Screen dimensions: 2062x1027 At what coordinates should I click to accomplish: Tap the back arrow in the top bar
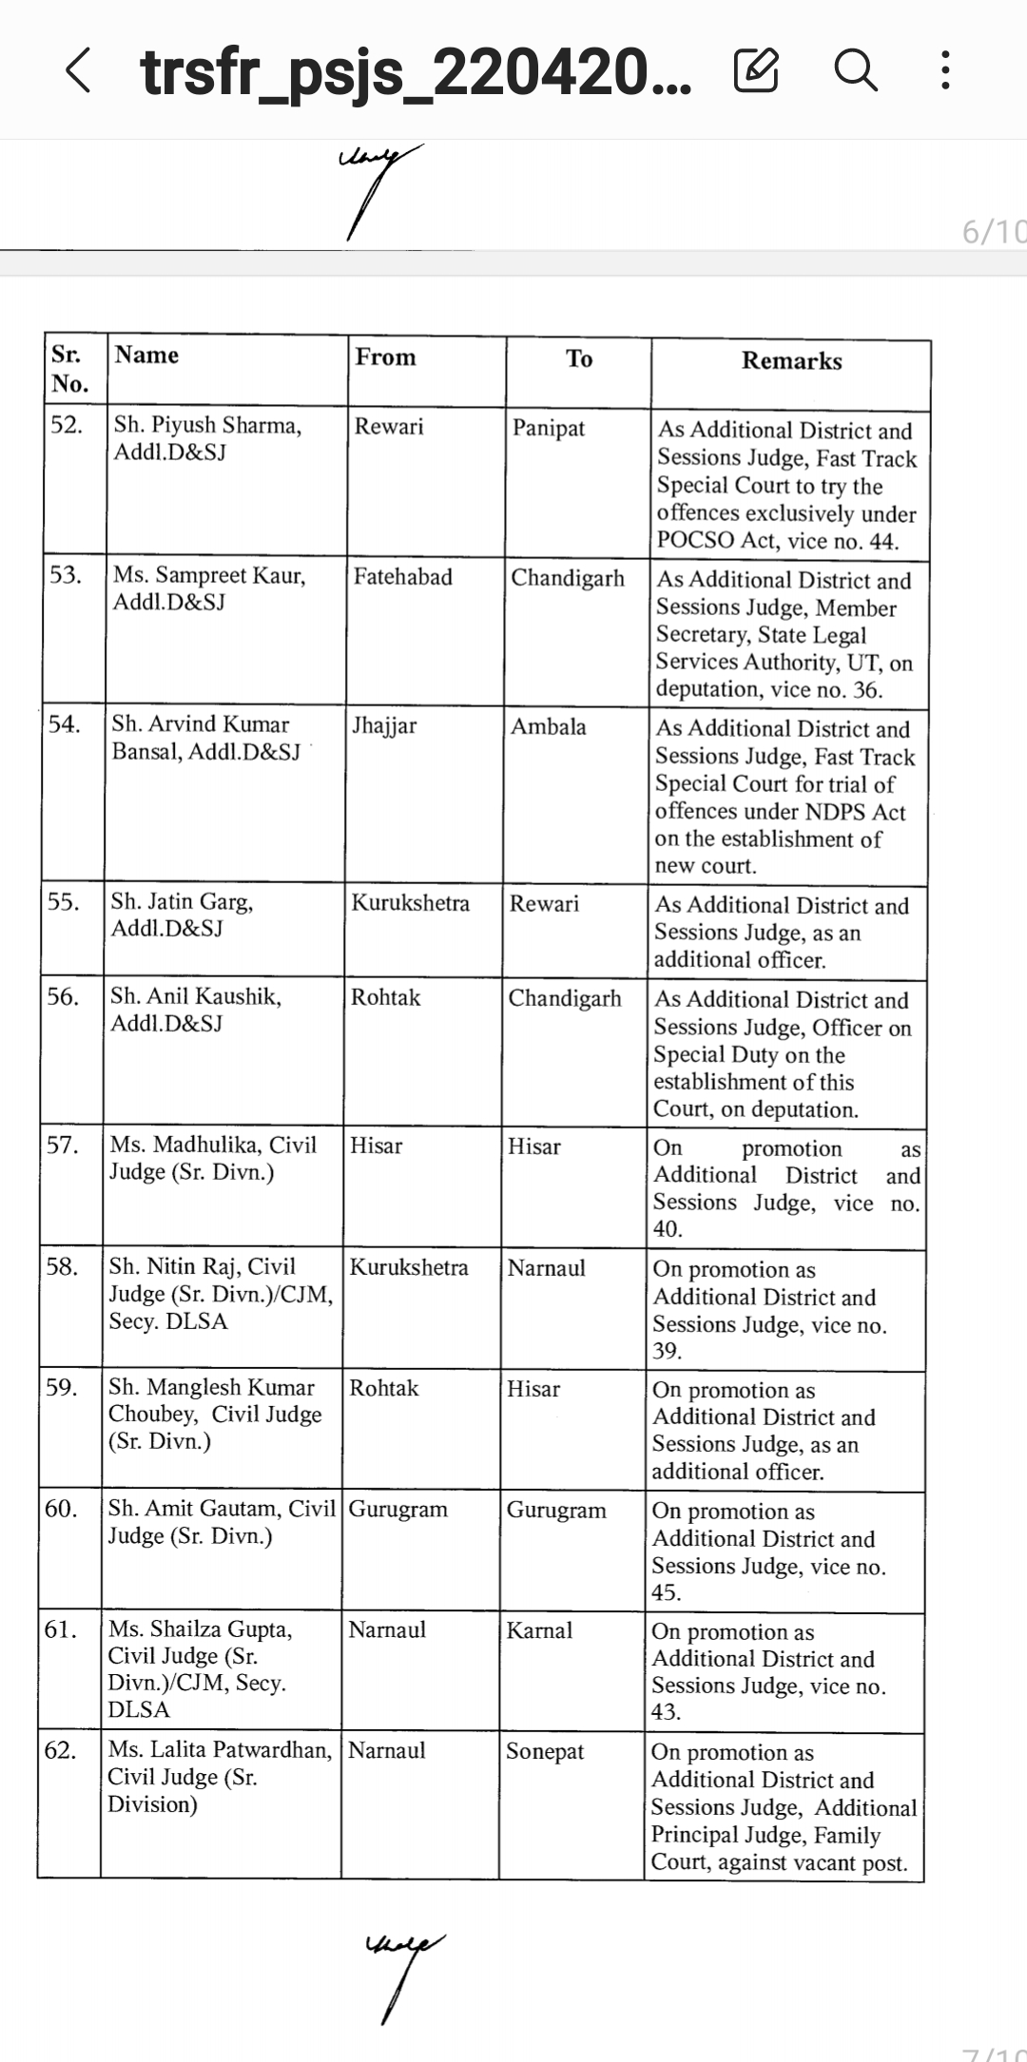click(79, 71)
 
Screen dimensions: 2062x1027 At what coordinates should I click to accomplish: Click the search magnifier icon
click(855, 70)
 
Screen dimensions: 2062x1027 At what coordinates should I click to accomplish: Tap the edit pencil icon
click(757, 70)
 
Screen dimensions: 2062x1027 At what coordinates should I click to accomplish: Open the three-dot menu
click(944, 70)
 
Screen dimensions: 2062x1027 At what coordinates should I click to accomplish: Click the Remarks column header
click(791, 361)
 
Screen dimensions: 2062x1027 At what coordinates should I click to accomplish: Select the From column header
click(385, 357)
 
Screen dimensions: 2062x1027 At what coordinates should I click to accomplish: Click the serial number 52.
click(67, 425)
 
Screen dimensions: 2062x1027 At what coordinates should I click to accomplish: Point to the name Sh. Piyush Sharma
click(207, 425)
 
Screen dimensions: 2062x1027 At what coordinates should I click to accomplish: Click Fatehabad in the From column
click(403, 577)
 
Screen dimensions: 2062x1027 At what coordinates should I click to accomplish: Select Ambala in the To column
click(548, 727)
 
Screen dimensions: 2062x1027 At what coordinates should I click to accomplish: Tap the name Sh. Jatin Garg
click(182, 901)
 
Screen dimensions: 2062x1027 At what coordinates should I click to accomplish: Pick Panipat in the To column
click(549, 428)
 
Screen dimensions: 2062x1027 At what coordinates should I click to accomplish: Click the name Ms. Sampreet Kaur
click(209, 575)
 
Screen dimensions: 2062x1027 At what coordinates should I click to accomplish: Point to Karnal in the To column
click(539, 1630)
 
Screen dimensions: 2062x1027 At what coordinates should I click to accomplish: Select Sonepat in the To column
click(545, 1752)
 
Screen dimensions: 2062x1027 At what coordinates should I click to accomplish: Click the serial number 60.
click(62, 1509)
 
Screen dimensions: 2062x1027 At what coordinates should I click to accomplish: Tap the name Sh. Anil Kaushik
click(196, 996)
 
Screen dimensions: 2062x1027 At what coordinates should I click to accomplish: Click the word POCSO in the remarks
click(697, 542)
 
